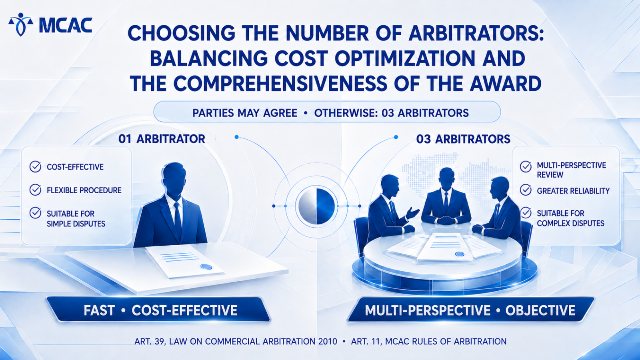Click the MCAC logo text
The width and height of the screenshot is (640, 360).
coord(66,26)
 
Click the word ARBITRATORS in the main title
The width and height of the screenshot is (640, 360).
coord(476,34)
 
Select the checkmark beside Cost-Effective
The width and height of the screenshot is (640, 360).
coord(35,166)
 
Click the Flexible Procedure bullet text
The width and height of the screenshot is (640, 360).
coord(84,190)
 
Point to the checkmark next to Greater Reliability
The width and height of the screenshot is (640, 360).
coord(526,190)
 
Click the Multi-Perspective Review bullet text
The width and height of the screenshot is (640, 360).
coord(572,170)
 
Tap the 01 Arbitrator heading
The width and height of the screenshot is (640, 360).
coord(162,139)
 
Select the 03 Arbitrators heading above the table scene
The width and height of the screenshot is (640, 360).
coord(463,139)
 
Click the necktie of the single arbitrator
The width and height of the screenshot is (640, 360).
coord(178,218)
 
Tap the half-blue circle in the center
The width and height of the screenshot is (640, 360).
coord(316,206)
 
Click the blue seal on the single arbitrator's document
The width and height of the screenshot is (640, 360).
coord(206,267)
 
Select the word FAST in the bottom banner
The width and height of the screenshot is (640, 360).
coord(99,310)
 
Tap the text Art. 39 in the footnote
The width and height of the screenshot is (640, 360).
coord(150,342)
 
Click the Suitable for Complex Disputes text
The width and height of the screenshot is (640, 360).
coord(570,218)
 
